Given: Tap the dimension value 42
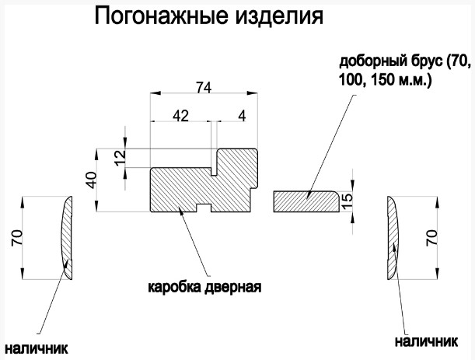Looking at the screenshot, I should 180,116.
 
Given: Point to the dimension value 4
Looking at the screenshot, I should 243,116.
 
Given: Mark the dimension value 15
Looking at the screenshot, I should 348,200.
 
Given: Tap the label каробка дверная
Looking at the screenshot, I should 204,286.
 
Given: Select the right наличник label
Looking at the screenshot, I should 424,341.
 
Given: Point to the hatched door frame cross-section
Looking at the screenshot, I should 194,187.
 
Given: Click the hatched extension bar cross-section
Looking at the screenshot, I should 305,201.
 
